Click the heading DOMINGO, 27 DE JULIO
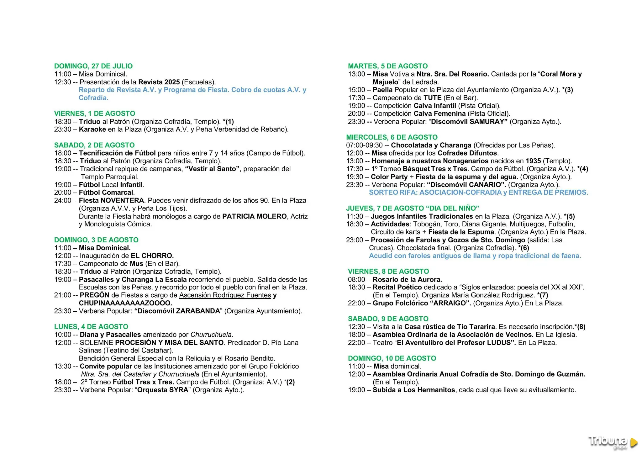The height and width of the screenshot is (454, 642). click(x=93, y=66)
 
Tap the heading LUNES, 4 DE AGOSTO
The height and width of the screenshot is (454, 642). click(x=91, y=327)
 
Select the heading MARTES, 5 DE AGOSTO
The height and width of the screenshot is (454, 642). click(x=387, y=66)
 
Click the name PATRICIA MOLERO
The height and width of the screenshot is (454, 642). click(x=254, y=216)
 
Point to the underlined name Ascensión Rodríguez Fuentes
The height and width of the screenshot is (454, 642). click(x=225, y=295)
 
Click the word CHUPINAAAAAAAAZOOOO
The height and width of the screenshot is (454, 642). click(x=125, y=303)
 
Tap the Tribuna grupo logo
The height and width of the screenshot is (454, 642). click(x=612, y=442)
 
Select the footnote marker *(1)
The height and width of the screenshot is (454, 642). click(x=228, y=122)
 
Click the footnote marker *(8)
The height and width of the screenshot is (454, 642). click(x=580, y=327)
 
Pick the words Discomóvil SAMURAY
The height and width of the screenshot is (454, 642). click(x=469, y=122)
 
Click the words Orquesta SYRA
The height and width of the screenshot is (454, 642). click(x=163, y=390)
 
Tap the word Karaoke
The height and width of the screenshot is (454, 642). click(x=92, y=129)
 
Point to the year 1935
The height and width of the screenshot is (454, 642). click(x=533, y=161)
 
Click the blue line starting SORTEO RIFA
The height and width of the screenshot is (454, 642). click(x=478, y=193)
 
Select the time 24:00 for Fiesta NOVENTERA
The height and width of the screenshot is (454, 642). click(x=63, y=201)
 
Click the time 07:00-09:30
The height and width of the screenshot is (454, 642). click(x=364, y=145)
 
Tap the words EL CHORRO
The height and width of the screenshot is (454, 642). click(x=152, y=256)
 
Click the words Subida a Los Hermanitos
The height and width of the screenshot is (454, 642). click(x=413, y=390)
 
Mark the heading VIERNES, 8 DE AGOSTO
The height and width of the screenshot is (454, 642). click(x=388, y=272)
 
